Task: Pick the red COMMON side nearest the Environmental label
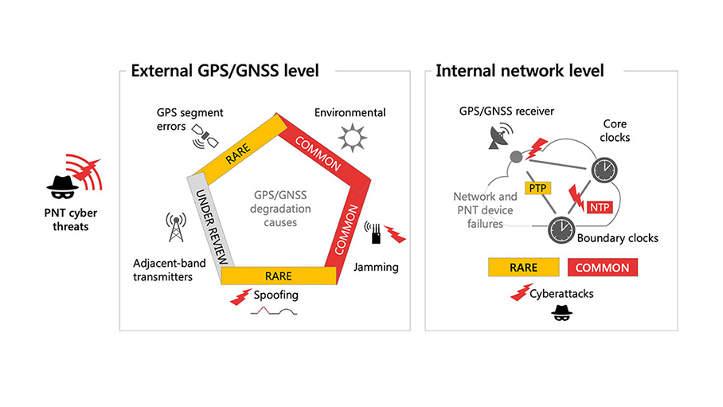[x=315, y=147]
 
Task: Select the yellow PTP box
[x=535, y=188]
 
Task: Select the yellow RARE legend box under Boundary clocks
[x=523, y=268]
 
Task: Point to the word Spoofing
[x=276, y=295]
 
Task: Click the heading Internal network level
[x=519, y=71]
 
